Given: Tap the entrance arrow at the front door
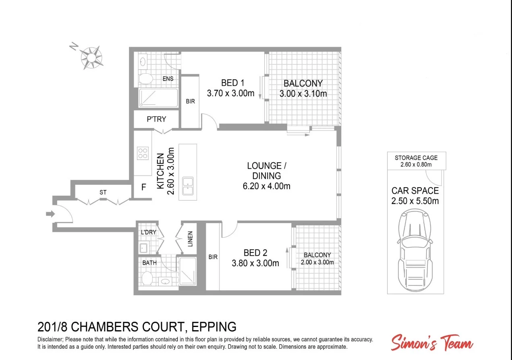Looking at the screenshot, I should tap(50, 214).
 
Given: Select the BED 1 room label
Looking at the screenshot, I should tap(230, 83).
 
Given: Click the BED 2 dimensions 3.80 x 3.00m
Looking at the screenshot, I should tap(255, 263).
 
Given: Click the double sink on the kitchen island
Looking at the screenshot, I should tap(188, 186).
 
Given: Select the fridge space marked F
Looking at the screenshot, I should tap(143, 188).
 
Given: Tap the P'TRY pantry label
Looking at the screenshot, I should tap(156, 119).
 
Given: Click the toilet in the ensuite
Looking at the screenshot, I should tap(145, 79).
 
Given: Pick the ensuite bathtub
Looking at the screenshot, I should tap(158, 98).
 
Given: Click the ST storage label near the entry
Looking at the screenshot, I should tap(103, 192).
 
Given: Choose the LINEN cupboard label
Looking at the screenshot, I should tap(190, 238).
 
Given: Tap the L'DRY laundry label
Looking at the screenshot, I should tap(148, 232).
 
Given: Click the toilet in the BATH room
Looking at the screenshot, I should tap(147, 277).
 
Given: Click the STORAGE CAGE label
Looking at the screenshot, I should tap(416, 158).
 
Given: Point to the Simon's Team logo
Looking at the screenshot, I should tap(432, 343).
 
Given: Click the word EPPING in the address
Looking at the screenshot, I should tap(214, 327).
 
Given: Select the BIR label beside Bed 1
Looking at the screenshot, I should tap(190, 101).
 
